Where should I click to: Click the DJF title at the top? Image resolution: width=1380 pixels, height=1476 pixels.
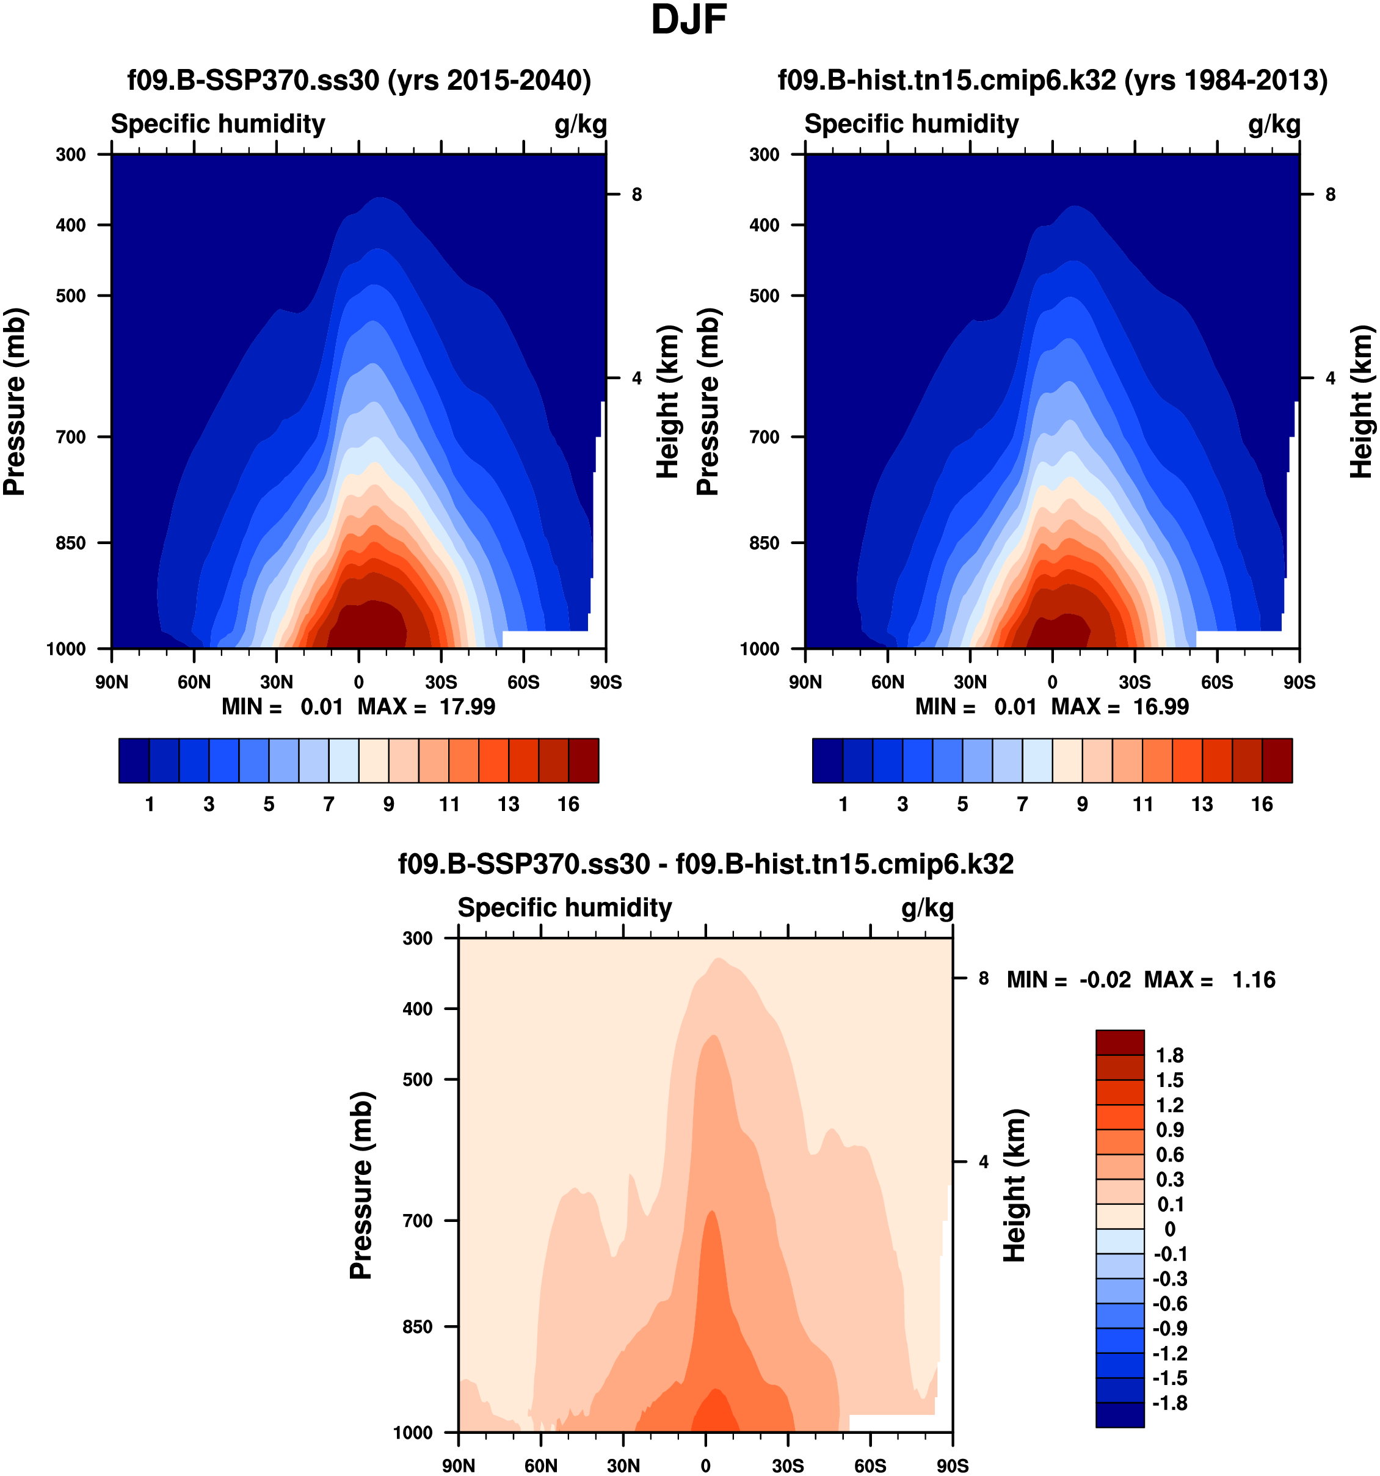pos(688,20)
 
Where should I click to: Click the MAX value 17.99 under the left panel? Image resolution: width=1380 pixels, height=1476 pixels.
pos(467,706)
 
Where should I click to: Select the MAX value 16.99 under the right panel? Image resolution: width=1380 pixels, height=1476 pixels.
pos(1160,706)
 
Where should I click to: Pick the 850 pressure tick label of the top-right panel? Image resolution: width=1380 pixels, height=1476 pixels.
pos(764,543)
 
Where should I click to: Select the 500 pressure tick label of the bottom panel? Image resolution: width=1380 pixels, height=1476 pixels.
pos(417,1079)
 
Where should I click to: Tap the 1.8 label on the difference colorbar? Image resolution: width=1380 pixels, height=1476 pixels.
pos(1169,1055)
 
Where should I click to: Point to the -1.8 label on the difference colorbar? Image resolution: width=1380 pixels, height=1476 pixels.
pos(1169,1403)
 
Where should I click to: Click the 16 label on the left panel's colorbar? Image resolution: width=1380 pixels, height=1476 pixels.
pos(568,804)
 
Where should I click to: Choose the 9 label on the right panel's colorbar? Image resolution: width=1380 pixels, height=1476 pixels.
pos(1083,804)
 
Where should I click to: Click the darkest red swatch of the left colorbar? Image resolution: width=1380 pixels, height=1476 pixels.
pos(584,760)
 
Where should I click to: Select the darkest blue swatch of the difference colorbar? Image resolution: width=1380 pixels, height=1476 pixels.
pos(1119,1414)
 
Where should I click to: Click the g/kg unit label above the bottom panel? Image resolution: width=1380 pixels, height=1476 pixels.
pos(927,908)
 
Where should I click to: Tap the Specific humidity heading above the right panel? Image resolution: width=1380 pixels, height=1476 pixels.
pos(911,124)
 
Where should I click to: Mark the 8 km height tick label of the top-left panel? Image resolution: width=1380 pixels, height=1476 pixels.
pos(637,195)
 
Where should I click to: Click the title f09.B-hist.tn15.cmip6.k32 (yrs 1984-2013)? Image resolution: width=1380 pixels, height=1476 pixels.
pos(1052,79)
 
